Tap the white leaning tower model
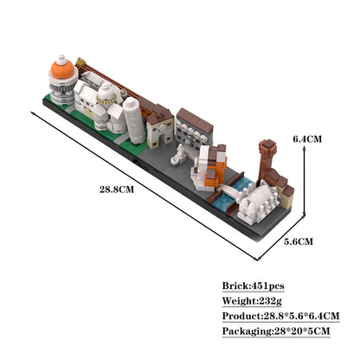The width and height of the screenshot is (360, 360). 131,119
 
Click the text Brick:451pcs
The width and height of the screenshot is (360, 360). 253,286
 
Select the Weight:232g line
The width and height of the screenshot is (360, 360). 251,300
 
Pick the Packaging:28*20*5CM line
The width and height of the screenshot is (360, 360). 276,331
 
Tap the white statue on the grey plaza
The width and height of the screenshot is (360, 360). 180,155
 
